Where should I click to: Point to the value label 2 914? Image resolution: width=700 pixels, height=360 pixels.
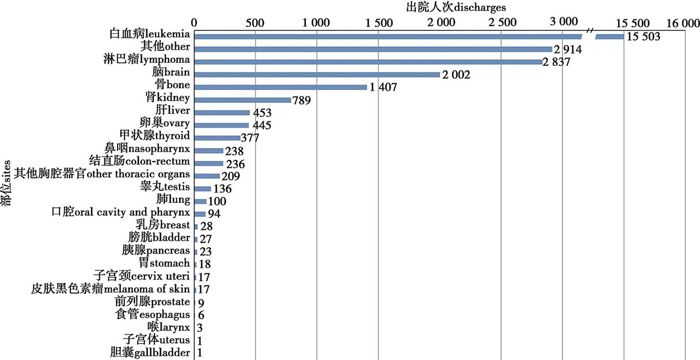(571, 49)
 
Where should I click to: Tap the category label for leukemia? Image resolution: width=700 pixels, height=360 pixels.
(149, 34)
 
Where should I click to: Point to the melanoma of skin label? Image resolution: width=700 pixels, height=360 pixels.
(111, 288)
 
